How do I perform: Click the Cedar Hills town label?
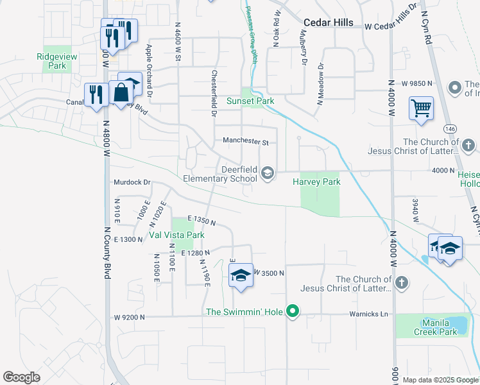coord(329,22)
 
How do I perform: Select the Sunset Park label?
coord(250,101)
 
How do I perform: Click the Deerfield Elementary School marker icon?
coord(267,173)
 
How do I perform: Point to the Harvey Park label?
coord(316,182)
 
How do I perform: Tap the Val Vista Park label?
coord(176,235)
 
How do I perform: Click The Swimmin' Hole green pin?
coord(293,312)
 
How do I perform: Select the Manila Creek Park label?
coord(438,327)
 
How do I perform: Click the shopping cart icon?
coord(422,108)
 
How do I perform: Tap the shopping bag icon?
coord(121,93)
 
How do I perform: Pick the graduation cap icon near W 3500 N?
coord(240,276)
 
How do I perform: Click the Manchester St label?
coord(245,141)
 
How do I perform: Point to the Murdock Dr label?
coord(132,182)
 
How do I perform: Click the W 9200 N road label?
coord(130,317)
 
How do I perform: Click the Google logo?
coord(22,377)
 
